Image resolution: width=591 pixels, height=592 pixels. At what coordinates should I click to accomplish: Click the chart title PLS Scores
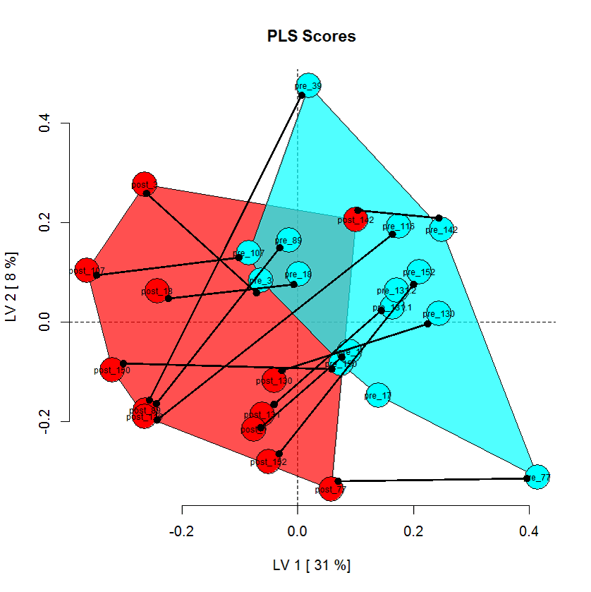(x=312, y=36)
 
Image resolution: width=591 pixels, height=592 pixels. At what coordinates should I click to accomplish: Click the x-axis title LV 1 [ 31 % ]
(x=312, y=564)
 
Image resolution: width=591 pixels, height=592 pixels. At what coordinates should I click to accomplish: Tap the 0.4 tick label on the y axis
(x=44, y=123)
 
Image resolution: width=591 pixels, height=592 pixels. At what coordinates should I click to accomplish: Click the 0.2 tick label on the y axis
(x=44, y=222)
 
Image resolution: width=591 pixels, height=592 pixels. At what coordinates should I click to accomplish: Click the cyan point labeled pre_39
(x=309, y=86)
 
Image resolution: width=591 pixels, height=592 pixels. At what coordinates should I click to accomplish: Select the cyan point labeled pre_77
(x=538, y=477)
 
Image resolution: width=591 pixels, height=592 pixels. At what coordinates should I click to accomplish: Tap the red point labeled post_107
(x=87, y=270)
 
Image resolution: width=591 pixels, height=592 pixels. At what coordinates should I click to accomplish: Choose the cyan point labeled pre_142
(x=441, y=229)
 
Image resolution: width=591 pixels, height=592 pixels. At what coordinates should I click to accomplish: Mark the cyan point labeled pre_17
(x=378, y=395)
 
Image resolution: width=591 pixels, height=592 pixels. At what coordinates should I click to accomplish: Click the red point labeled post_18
(x=158, y=290)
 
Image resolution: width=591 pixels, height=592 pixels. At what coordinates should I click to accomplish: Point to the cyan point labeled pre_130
(x=439, y=313)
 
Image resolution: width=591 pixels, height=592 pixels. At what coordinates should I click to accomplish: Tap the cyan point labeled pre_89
(x=288, y=240)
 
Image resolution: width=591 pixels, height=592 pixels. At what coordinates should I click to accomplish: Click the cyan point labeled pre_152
(x=419, y=272)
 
